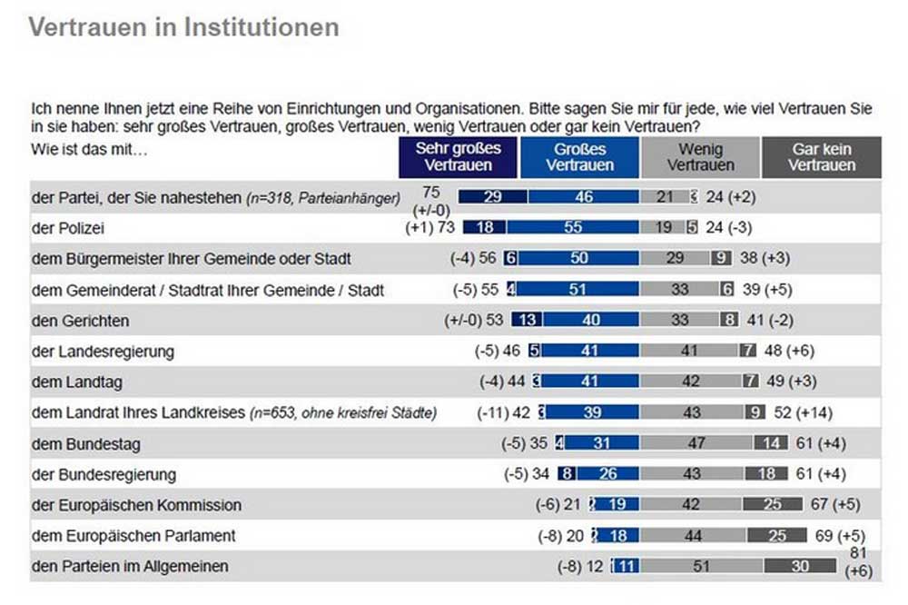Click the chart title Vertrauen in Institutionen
(183, 27)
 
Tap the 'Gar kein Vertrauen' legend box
(821, 157)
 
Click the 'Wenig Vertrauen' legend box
(700, 157)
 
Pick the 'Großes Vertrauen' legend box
(580, 157)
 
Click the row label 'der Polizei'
(66, 228)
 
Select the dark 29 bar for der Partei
(493, 197)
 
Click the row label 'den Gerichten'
(80, 321)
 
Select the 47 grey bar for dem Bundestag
(696, 444)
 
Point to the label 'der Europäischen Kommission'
(136, 505)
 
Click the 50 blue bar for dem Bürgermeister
(578, 259)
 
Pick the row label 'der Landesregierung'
(102, 352)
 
